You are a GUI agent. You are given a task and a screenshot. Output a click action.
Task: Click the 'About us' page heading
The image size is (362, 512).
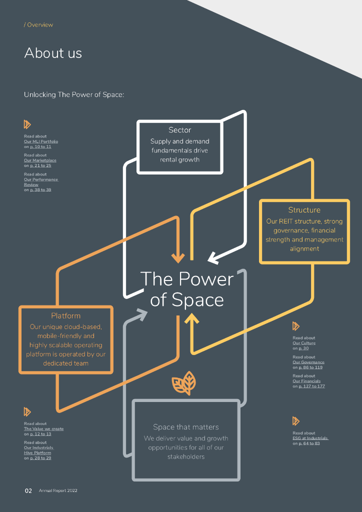click(x=53, y=53)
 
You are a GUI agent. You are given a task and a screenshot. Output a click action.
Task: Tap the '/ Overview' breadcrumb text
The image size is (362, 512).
click(x=38, y=25)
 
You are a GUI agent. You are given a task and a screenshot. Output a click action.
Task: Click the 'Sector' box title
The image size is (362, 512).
click(x=180, y=130)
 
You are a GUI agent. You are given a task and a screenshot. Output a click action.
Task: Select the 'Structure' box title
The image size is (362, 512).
click(x=304, y=210)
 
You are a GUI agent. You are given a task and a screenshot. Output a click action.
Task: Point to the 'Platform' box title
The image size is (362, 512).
click(x=65, y=316)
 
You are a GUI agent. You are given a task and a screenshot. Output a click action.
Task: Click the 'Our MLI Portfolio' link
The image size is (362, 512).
click(x=41, y=141)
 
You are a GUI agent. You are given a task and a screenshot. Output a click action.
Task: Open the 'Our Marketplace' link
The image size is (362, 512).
click(x=40, y=160)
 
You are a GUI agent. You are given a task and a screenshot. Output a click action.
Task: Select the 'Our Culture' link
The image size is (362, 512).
click(x=304, y=343)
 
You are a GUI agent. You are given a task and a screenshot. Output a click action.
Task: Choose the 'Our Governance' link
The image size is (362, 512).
click(x=308, y=362)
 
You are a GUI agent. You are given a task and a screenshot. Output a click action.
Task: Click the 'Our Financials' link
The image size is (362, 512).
click(x=306, y=381)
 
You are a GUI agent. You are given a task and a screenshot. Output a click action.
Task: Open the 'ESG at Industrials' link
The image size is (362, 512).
click(x=310, y=438)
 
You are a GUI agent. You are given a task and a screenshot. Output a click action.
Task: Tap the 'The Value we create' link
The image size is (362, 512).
click(x=44, y=429)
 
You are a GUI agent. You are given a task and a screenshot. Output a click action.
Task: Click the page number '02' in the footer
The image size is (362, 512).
click(x=28, y=491)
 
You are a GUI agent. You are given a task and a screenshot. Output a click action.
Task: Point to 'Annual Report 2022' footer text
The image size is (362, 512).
click(x=58, y=491)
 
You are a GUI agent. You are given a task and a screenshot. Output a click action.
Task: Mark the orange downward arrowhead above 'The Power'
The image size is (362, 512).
click(x=177, y=257)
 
